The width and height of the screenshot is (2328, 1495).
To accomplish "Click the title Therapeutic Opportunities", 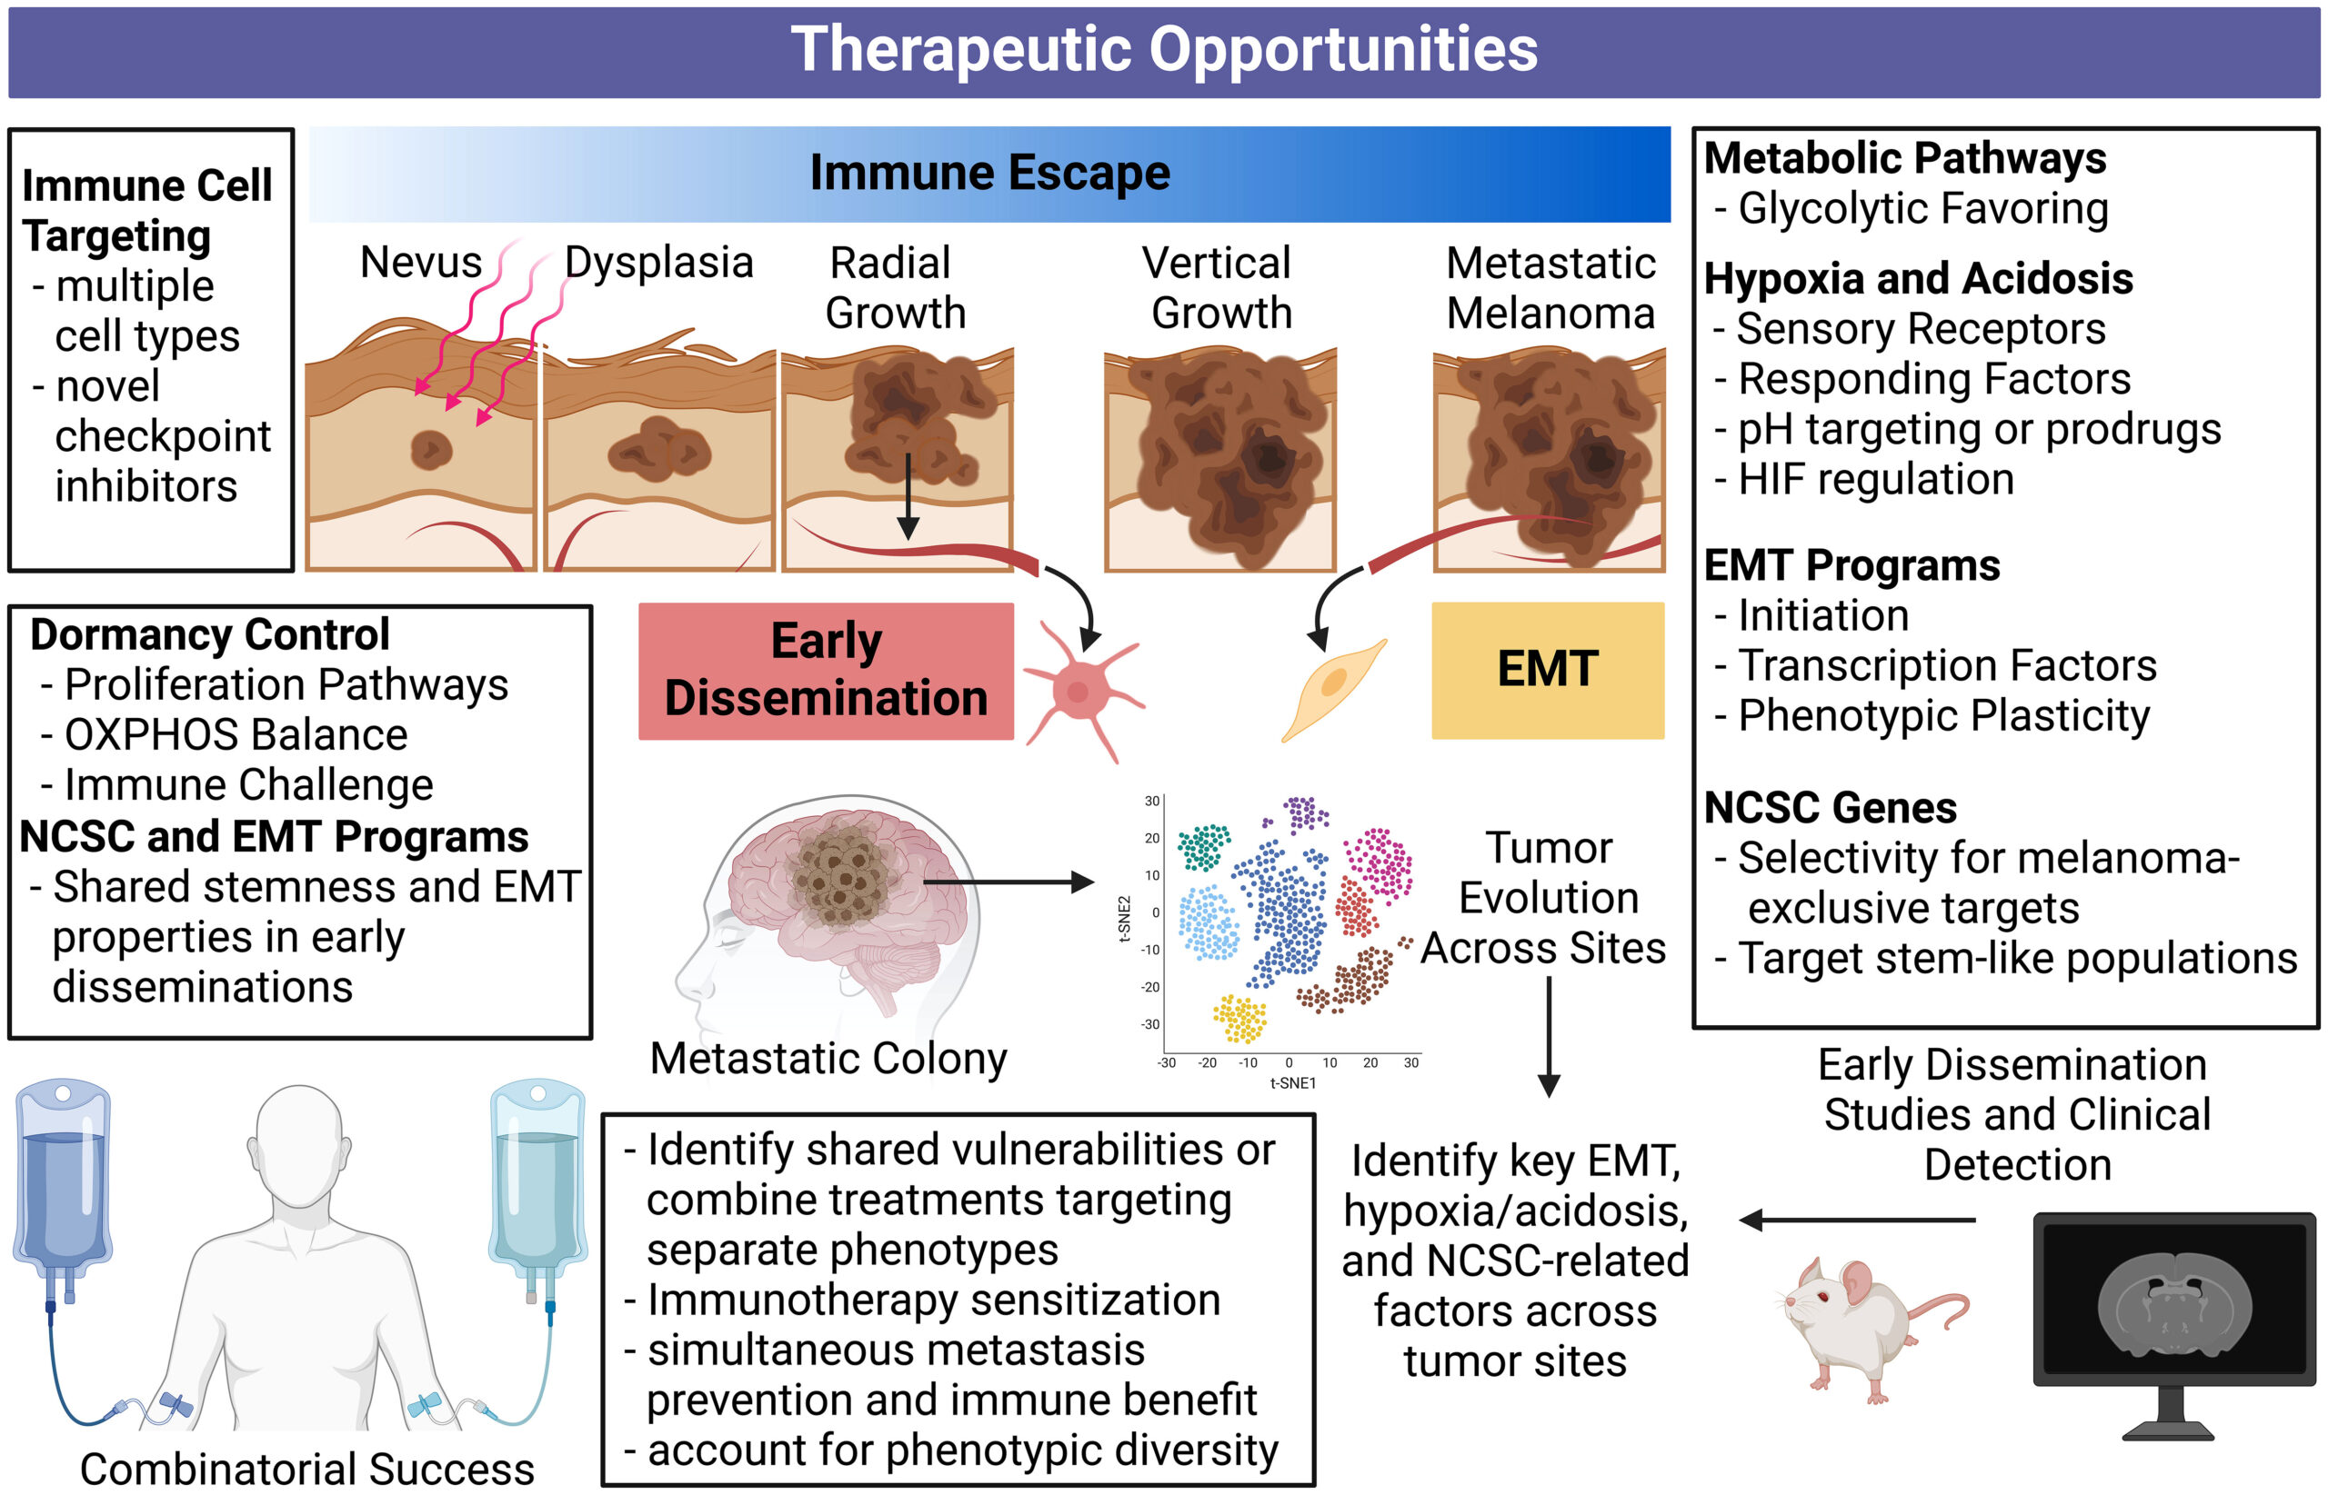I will click(x=1163, y=51).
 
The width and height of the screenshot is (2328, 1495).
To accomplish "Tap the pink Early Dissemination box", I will click(x=826, y=671).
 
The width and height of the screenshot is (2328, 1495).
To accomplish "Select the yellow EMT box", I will click(x=1546, y=670).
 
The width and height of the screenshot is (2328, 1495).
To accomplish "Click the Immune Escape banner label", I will click(x=988, y=174).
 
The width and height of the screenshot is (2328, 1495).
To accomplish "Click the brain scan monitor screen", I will click(x=2173, y=1297).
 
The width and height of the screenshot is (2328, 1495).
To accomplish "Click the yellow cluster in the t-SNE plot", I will click(x=1239, y=1019).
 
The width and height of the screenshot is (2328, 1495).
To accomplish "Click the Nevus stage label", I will click(x=420, y=262).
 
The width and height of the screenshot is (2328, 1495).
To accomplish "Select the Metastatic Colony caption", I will click(x=828, y=1058).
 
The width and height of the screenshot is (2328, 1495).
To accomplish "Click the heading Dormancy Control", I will click(x=210, y=635).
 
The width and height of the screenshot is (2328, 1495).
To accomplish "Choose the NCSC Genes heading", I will click(x=1830, y=808).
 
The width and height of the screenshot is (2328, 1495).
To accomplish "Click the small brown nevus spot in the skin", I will click(x=430, y=450).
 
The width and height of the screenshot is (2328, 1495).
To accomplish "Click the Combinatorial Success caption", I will click(x=306, y=1468).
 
